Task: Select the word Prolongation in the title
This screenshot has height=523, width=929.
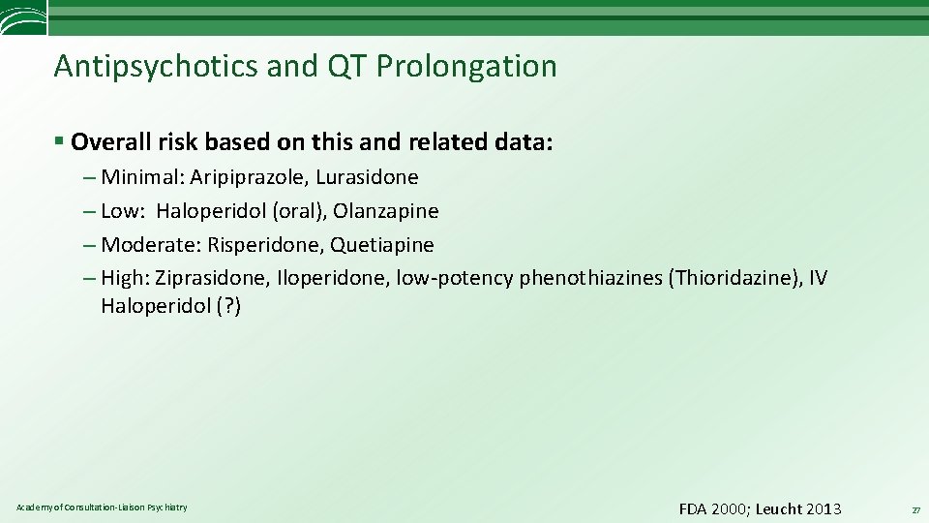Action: click(466, 66)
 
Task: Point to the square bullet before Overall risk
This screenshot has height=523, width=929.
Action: click(59, 141)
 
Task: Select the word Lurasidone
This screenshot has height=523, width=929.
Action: click(367, 177)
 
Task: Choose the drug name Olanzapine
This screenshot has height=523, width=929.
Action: click(386, 211)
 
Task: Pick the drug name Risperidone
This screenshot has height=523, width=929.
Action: click(262, 245)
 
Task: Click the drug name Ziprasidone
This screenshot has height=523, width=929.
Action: click(212, 279)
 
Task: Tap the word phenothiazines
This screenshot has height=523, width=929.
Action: click(590, 279)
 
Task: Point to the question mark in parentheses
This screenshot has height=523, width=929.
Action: click(229, 306)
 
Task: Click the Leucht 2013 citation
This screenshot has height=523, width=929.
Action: click(798, 509)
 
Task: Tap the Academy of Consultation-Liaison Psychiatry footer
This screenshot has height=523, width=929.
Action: click(103, 508)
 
